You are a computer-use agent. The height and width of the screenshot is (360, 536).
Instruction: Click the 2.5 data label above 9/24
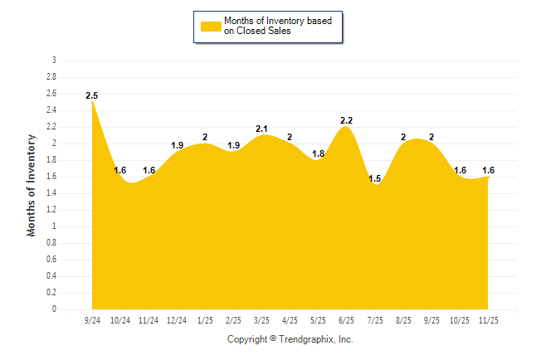point(92,96)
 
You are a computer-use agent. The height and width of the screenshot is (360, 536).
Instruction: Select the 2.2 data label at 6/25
point(347,121)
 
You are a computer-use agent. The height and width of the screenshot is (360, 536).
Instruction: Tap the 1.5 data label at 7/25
point(375,179)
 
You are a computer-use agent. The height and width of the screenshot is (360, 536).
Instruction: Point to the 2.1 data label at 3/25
point(262,129)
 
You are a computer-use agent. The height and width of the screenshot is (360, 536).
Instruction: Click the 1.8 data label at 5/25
point(319,154)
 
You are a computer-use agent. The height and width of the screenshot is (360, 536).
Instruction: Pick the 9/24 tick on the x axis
point(92,319)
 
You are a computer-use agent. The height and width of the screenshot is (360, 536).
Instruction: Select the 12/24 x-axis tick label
point(177,319)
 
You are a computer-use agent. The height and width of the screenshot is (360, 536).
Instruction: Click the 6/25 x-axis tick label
point(347,319)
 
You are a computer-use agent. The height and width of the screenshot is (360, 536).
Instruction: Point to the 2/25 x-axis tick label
point(233,319)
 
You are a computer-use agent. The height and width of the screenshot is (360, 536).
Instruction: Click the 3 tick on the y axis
point(54,61)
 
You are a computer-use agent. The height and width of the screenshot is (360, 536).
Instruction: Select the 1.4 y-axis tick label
point(51,193)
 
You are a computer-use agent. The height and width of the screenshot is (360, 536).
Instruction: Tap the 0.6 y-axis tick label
point(51,260)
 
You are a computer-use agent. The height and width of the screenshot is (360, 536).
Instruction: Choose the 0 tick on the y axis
point(54,309)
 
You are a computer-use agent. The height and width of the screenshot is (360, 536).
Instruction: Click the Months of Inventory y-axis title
point(32,185)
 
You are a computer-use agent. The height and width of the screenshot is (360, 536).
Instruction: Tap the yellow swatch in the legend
point(211,27)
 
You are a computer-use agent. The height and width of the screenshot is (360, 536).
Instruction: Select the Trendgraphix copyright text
point(290,339)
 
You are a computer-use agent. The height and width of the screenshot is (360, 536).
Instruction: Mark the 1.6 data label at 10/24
point(120,171)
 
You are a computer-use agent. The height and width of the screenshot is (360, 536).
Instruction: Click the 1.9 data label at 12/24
point(177,146)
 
